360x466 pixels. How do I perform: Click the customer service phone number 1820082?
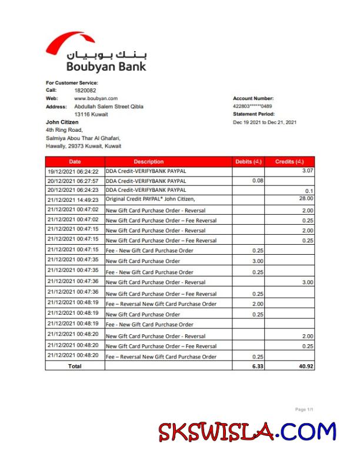click(x=85, y=91)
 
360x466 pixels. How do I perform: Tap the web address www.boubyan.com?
click(x=96, y=98)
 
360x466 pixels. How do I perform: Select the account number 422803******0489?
click(x=252, y=106)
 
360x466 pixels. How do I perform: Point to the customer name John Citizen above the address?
click(x=62, y=122)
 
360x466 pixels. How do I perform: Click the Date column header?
click(x=75, y=161)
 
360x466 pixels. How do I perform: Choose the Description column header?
click(x=149, y=161)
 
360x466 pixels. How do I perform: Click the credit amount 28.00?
click(x=306, y=199)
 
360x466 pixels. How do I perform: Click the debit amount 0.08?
click(x=258, y=180)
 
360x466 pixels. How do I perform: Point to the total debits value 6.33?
click(x=256, y=366)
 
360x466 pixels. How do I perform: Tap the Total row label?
click(x=75, y=366)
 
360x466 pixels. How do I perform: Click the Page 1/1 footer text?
click(x=304, y=409)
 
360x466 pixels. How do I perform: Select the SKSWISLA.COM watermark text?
click(x=247, y=432)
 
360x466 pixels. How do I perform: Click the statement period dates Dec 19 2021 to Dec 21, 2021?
click(x=265, y=122)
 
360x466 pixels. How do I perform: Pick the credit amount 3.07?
click(x=306, y=170)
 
